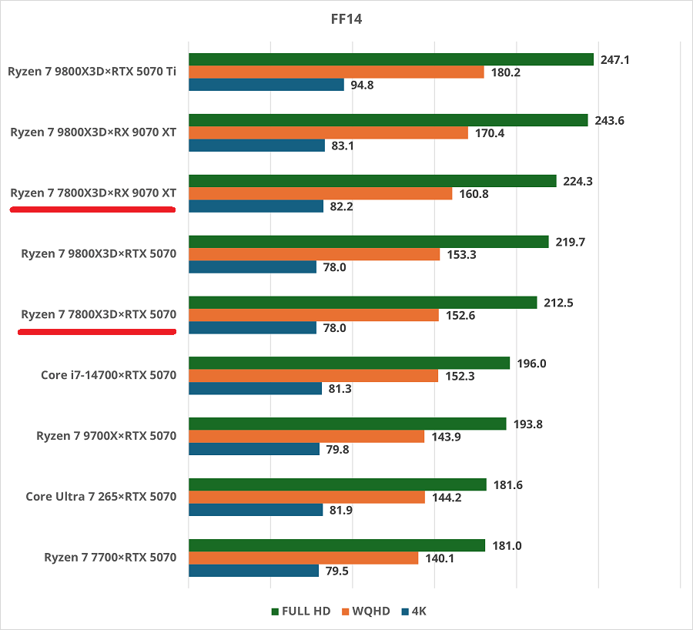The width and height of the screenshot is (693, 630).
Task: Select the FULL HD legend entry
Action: pyautogui.click(x=301, y=612)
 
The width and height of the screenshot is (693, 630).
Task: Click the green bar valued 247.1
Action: pyautogui.click(x=391, y=59)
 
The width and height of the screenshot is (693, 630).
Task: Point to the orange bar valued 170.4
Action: pyautogui.click(x=328, y=132)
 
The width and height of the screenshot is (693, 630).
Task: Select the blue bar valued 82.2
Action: pyautogui.click(x=256, y=206)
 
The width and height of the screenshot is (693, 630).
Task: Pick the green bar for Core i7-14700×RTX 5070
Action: pyautogui.click(x=349, y=364)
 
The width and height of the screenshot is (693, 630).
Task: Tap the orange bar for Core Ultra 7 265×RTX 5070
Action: pyautogui.click(x=306, y=498)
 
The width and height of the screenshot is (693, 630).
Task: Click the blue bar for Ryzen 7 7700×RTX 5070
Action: pyautogui.click(x=253, y=571)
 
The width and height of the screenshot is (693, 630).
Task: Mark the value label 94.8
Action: pyautogui.click(x=362, y=85)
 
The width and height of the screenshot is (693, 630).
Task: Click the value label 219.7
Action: pyautogui.click(x=570, y=242)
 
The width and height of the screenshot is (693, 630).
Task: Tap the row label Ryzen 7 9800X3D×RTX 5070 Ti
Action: pyautogui.click(x=92, y=72)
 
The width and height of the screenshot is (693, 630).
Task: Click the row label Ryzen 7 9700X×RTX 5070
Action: pyautogui.click(x=106, y=436)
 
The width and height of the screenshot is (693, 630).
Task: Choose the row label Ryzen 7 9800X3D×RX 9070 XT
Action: pyautogui.click(x=93, y=132)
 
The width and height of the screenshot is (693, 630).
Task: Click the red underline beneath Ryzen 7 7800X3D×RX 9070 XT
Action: pyautogui.click(x=92, y=209)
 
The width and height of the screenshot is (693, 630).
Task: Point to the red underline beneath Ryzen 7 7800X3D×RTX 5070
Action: pyautogui.click(x=97, y=332)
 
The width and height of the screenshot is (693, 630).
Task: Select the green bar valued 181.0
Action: pyautogui.click(x=336, y=545)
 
